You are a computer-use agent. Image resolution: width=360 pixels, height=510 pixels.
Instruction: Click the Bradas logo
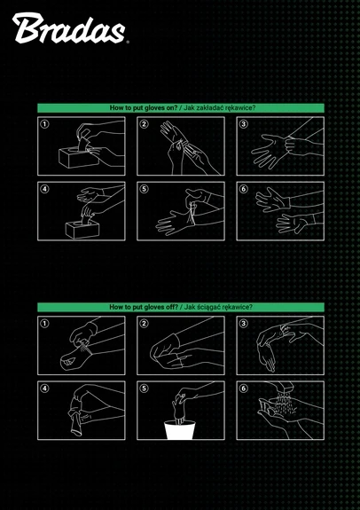(69, 28)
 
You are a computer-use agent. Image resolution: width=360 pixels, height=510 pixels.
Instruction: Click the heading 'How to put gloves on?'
(144, 108)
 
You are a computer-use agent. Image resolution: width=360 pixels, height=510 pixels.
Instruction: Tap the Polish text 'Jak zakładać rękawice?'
(220, 108)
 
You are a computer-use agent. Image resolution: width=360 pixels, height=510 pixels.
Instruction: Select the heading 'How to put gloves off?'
(144, 307)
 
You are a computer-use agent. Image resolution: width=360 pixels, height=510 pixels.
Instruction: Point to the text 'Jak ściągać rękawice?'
(218, 307)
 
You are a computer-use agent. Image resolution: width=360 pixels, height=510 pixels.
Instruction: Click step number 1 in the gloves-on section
(44, 124)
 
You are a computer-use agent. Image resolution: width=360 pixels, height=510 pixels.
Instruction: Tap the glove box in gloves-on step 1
(79, 157)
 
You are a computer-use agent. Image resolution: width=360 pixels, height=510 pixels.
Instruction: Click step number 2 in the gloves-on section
(144, 124)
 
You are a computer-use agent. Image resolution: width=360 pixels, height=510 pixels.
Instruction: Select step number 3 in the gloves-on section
(243, 124)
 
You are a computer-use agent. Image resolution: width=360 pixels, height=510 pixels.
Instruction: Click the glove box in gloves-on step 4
(82, 229)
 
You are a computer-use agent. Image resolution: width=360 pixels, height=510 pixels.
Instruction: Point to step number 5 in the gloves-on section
(144, 189)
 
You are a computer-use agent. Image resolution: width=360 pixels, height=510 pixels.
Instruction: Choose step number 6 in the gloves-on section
(243, 189)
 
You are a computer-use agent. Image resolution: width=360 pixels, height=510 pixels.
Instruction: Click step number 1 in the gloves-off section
(44, 324)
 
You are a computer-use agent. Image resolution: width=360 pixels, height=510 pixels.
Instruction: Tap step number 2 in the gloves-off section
(144, 324)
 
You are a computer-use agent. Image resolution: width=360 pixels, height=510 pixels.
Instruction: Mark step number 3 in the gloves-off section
(243, 324)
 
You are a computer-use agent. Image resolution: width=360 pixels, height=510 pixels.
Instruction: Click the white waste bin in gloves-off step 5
(179, 430)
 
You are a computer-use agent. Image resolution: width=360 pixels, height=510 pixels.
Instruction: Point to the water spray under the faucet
(282, 404)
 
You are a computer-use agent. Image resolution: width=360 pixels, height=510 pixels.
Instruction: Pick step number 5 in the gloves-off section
(144, 388)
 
